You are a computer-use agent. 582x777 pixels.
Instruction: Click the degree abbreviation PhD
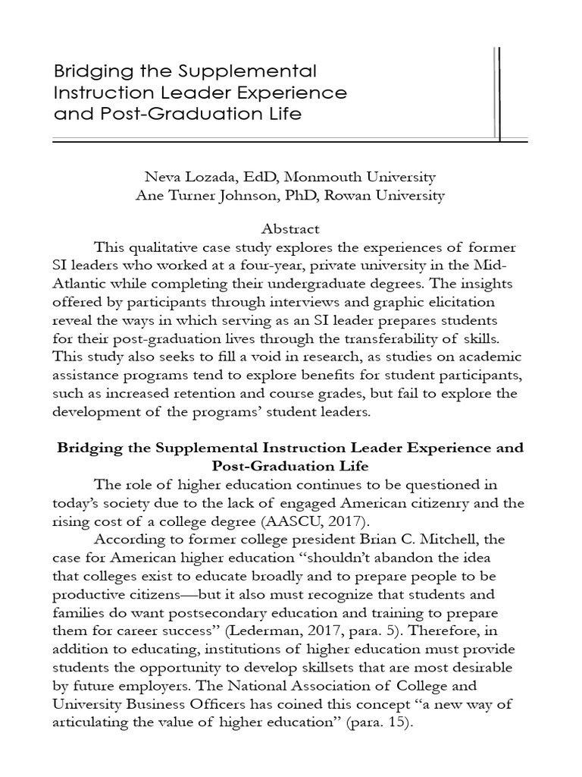click(x=321, y=195)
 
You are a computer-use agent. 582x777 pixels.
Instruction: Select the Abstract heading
click(x=290, y=228)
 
